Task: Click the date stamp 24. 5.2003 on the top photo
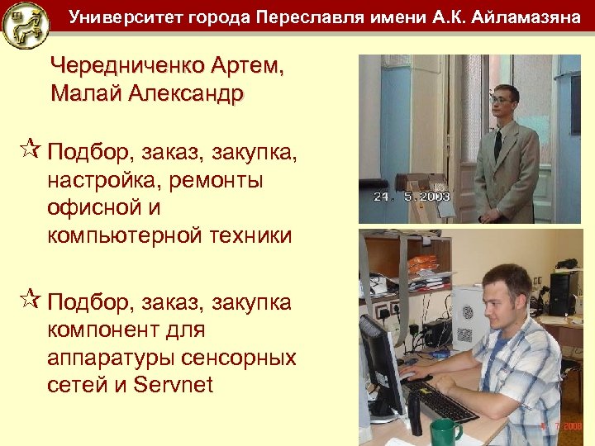click(x=410, y=197)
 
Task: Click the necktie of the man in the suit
click(x=498, y=145)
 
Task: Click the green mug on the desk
click(x=445, y=430)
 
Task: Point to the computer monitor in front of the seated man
click(x=383, y=363)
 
